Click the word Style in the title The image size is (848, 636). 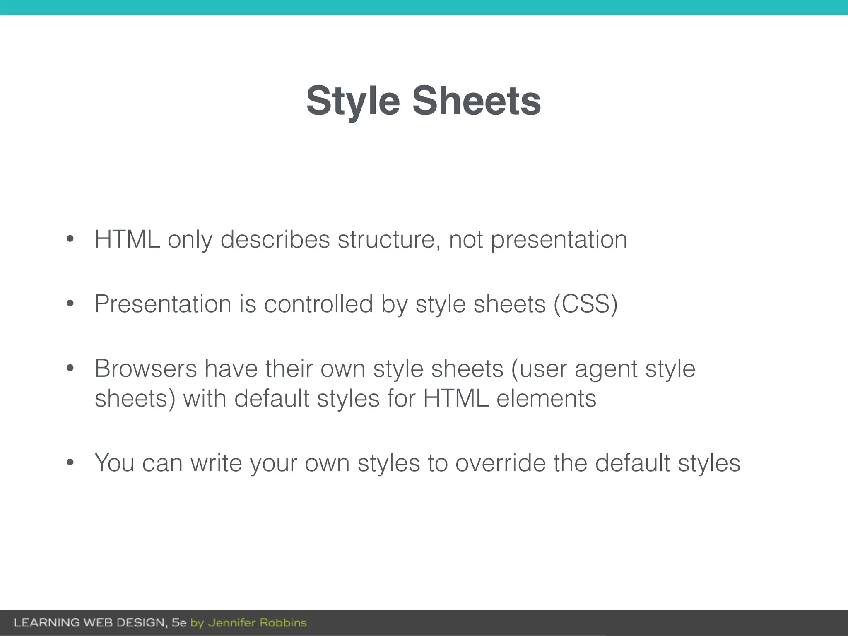[353, 101]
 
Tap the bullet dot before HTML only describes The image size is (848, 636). [70, 239]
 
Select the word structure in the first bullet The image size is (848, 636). [389, 240]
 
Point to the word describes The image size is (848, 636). [275, 240]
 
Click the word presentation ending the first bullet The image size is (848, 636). [559, 240]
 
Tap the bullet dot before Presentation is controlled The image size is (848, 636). [70, 304]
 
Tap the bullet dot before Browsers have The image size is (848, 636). [70, 368]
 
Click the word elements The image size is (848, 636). [546, 399]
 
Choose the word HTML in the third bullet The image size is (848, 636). [455, 399]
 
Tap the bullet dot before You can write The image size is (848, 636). [70, 462]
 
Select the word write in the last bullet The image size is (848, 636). [216, 463]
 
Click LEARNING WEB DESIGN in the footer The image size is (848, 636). [90, 623]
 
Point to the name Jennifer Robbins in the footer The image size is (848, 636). [257, 623]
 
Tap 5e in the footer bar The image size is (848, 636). [179, 623]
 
